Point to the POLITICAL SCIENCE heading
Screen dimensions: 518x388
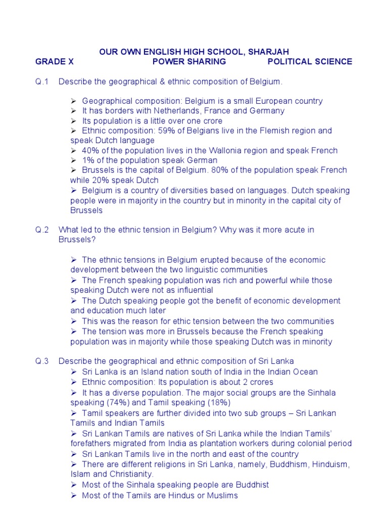coord(310,62)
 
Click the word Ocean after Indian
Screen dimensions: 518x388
coord(305,372)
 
